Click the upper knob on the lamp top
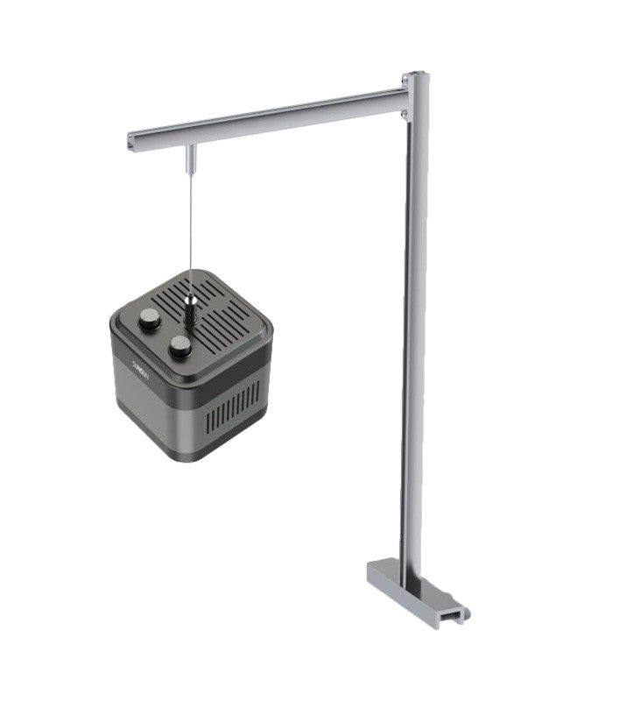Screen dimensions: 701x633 150,319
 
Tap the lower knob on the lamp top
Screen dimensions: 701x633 181,346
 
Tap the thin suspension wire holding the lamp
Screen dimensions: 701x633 190,228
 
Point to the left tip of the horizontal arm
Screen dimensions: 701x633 131,138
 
